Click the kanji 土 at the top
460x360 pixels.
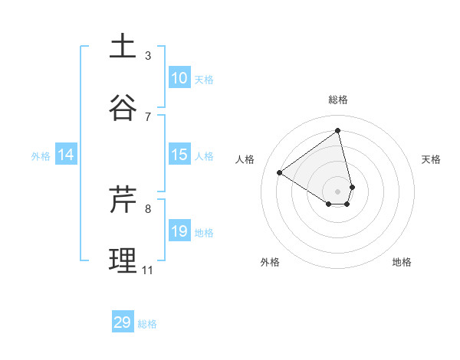click(x=123, y=46)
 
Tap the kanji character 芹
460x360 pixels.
click(x=123, y=199)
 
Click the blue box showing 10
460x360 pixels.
click(x=179, y=78)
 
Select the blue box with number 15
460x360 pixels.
click(x=179, y=155)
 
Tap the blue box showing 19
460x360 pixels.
click(x=179, y=231)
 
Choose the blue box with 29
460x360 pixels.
click(x=123, y=322)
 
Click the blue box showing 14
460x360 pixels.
click(x=66, y=155)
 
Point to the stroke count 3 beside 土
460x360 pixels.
click(x=148, y=55)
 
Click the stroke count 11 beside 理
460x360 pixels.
click(x=147, y=270)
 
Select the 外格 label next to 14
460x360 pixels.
click(x=41, y=156)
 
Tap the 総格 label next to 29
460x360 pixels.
click(x=147, y=324)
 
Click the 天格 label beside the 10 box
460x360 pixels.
click(x=204, y=80)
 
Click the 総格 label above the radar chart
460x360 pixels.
click(x=337, y=100)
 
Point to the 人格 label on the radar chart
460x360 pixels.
click(x=245, y=159)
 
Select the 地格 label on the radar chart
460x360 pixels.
click(x=402, y=262)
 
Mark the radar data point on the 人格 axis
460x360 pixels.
click(x=280, y=172)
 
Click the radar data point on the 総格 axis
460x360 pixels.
click(x=337, y=130)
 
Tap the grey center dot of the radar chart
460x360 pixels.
click(x=337, y=191)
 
